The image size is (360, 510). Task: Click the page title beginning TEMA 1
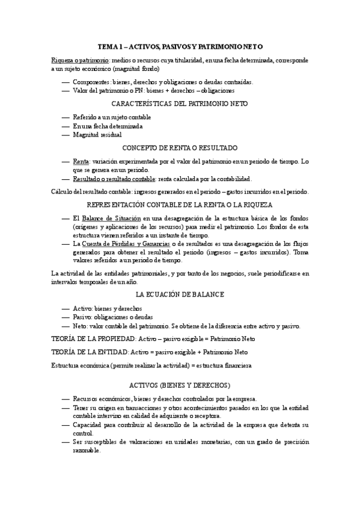180,46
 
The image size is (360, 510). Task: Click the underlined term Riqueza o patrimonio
75,61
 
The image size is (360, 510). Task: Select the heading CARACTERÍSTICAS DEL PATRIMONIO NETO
180,103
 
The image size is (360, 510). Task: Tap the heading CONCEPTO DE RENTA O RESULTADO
180,147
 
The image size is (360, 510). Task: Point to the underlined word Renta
80,162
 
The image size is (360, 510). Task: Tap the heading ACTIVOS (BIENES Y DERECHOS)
180,384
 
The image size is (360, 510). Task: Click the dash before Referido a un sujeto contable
65,117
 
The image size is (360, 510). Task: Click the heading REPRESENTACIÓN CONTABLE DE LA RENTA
180,205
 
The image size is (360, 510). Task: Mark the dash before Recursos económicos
65,399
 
